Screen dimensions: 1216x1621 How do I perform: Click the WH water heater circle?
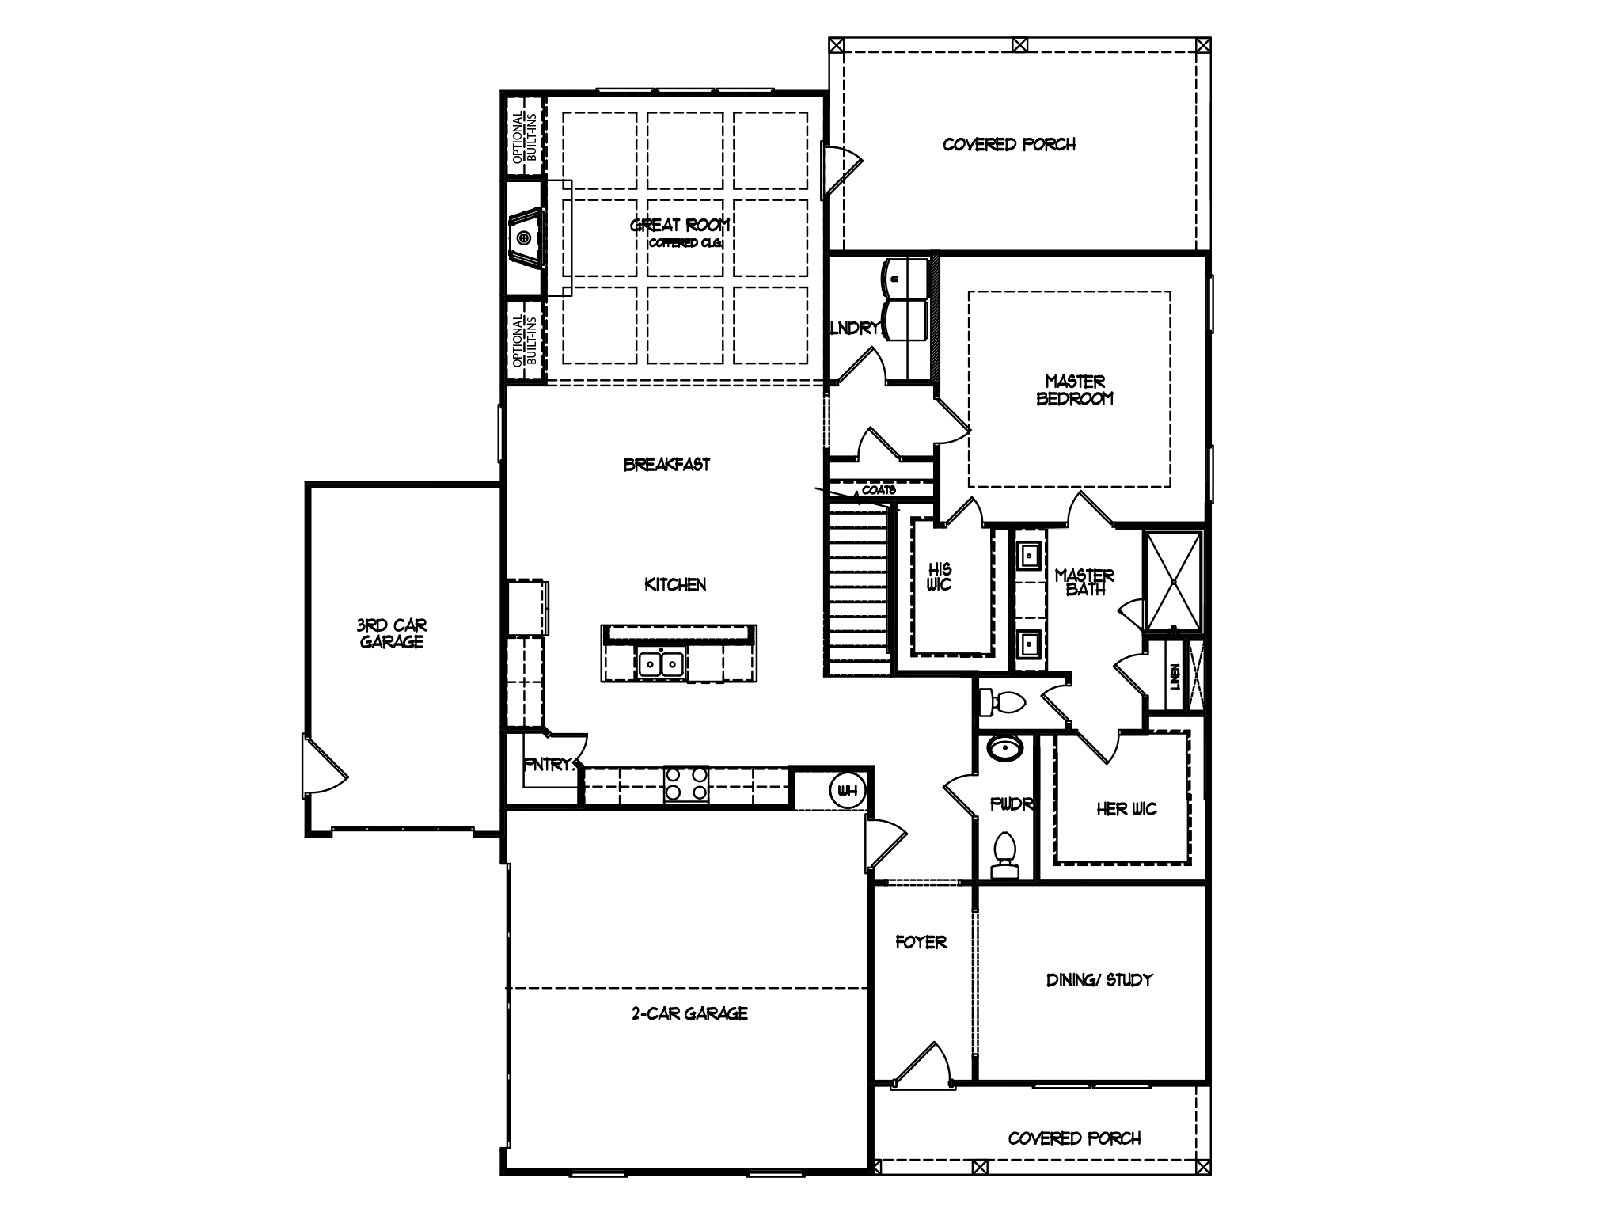tap(847, 789)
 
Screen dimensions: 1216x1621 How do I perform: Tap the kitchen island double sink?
tap(660, 663)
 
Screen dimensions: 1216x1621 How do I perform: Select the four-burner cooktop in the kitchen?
tap(686, 784)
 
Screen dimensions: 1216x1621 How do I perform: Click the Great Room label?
tap(679, 226)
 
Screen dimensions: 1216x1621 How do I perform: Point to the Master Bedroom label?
tap(1075, 390)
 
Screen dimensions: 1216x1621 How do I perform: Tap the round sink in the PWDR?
tap(1005, 748)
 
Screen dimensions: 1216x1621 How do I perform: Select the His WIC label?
tap(940, 576)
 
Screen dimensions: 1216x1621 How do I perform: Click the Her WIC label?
tap(1126, 809)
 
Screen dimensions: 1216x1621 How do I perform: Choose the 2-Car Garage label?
tap(689, 1013)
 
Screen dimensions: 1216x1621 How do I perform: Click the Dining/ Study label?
tap(1099, 980)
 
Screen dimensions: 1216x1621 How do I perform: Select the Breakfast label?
tap(666, 465)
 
